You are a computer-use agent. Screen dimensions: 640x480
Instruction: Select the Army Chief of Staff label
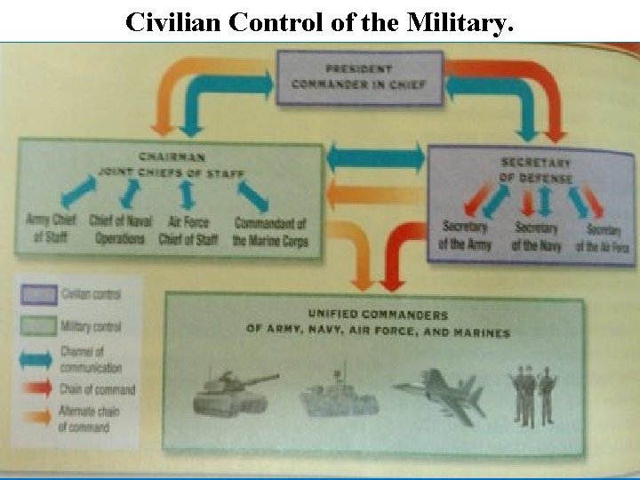point(51,228)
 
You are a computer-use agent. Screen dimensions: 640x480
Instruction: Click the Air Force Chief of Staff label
point(188,228)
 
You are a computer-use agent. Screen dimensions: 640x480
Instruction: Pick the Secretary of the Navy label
point(536,236)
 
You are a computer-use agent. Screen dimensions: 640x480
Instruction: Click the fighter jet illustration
point(440,392)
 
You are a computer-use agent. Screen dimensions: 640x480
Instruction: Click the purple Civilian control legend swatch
point(39,294)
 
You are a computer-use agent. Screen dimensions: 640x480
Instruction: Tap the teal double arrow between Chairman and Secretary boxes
point(375,159)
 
